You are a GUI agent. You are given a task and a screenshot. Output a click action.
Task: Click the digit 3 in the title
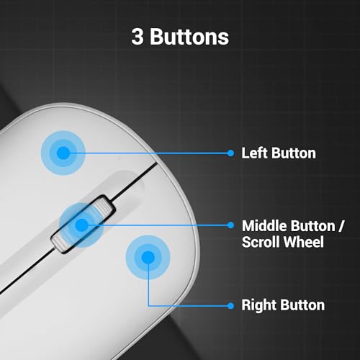pyautogui.click(x=138, y=37)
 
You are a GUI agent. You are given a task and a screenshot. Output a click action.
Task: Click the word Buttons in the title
pyautogui.click(x=189, y=37)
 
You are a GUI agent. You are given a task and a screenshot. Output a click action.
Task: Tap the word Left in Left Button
pyautogui.click(x=254, y=153)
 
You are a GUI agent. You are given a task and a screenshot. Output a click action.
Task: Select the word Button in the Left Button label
pyautogui.click(x=294, y=153)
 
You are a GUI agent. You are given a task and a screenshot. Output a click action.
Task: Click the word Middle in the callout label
pyautogui.click(x=264, y=226)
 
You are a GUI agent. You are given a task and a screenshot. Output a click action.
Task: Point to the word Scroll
pyautogui.click(x=262, y=242)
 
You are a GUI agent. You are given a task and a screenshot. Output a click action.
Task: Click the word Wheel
pyautogui.click(x=305, y=242)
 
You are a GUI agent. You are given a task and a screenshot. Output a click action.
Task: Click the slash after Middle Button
pyautogui.click(x=341, y=226)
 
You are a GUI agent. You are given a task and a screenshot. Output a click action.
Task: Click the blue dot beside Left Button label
pyautogui.click(x=230, y=153)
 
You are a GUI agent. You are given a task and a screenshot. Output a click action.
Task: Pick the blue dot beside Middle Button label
pyautogui.click(x=230, y=225)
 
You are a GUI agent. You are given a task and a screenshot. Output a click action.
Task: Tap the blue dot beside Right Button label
pyautogui.click(x=230, y=306)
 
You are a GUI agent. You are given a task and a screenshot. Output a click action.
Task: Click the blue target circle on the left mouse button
pyautogui.click(x=63, y=153)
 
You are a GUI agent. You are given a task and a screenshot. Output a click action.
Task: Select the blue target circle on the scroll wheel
pyautogui.click(x=82, y=225)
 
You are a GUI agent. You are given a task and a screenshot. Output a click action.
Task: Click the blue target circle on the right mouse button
pyautogui.click(x=148, y=257)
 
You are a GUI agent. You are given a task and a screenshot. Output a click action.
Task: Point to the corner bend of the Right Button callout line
pyautogui.click(x=148, y=306)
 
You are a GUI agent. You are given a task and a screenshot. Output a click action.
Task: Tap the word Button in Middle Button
pyautogui.click(x=313, y=226)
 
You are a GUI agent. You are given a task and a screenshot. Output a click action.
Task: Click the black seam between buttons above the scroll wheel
pyautogui.click(x=135, y=180)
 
